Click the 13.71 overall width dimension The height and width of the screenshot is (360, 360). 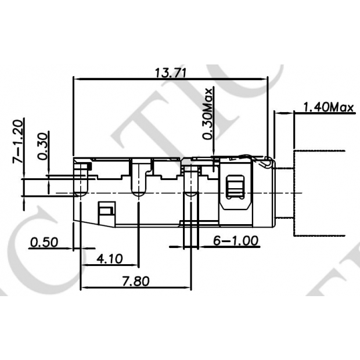point(169,73)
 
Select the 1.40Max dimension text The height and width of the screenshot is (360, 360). point(329,107)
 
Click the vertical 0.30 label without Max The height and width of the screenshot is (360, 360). point(42,146)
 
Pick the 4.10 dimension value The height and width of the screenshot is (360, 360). point(109,258)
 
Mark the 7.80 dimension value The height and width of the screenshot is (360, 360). point(136,281)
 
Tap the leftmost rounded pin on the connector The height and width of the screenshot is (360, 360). point(82,180)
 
